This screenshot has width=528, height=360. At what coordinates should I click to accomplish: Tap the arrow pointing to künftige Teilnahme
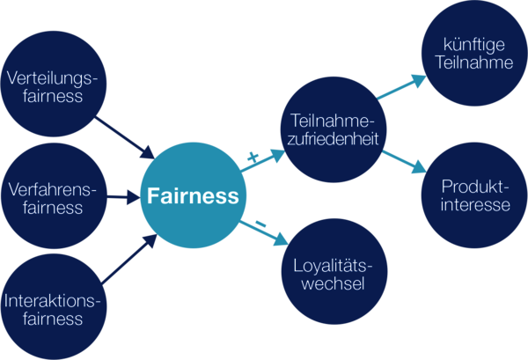click(x=401, y=88)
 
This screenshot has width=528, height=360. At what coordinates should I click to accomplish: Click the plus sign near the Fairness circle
click(x=253, y=156)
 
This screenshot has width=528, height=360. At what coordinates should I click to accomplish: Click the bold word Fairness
click(x=192, y=195)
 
